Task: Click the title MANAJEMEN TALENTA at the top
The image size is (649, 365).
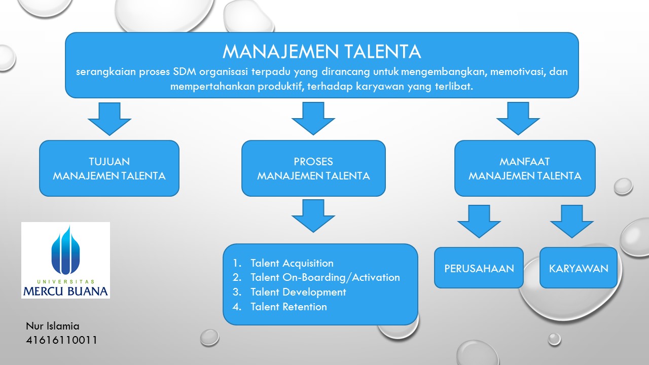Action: [322, 51]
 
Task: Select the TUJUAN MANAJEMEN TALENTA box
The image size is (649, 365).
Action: [109, 168]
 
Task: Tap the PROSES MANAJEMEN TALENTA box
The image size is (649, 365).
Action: [313, 168]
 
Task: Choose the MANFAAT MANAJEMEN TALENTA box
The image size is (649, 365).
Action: [525, 168]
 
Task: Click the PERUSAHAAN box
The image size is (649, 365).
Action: [479, 268]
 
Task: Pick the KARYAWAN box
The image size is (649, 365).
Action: [578, 268]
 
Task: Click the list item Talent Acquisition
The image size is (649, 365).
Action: [292, 263]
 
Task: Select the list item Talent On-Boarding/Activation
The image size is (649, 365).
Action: [324, 277]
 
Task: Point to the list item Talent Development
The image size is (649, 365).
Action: [298, 292]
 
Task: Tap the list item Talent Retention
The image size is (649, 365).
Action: [289, 307]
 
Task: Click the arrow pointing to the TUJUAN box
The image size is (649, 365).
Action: [109, 118]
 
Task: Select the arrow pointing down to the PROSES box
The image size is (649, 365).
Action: [313, 118]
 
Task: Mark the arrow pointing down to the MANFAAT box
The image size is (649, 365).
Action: [518, 118]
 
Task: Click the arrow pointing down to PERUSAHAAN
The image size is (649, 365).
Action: [479, 221]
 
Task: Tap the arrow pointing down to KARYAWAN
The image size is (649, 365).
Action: [572, 221]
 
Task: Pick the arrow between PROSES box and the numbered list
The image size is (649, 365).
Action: [313, 215]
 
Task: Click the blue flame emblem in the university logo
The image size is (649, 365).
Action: [65, 251]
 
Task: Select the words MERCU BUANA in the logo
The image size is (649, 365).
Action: [65, 291]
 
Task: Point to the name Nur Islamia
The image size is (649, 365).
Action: [53, 326]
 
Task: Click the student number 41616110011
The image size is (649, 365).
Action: [61, 340]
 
